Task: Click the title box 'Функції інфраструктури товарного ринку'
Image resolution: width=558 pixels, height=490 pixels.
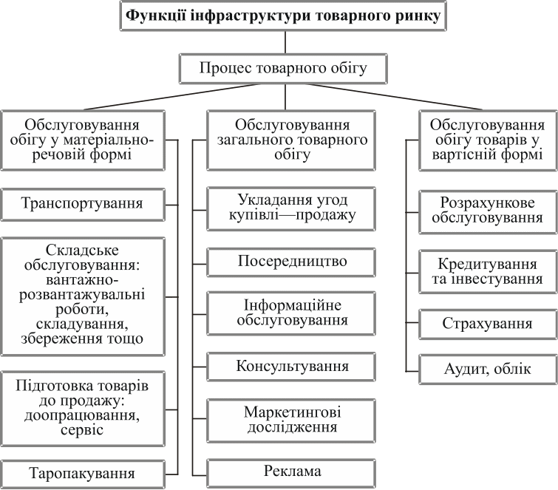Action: pos(283,16)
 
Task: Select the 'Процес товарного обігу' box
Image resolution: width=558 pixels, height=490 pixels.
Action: pos(283,69)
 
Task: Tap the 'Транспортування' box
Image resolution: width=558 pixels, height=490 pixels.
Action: pos(82,203)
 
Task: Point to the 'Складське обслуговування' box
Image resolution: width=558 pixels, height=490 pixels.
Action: pos(82,294)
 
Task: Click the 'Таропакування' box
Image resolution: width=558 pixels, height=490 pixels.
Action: pos(82,472)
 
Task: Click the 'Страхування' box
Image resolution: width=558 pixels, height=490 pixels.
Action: pos(487,324)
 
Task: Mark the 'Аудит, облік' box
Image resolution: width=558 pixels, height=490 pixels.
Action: pos(487,370)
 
